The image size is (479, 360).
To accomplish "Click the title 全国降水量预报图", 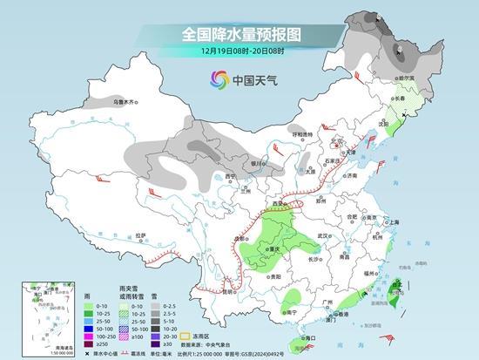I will coord(239,35).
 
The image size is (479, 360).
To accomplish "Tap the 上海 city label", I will coord(393,223).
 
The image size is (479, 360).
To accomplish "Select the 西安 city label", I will coord(280,201).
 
